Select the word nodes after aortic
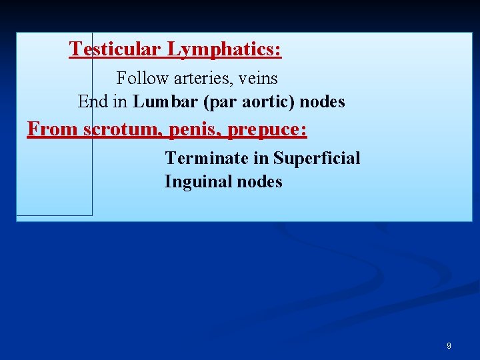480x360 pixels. (323, 101)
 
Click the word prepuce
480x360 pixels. (267, 129)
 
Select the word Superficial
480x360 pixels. (317, 158)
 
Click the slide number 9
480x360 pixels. (449, 346)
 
